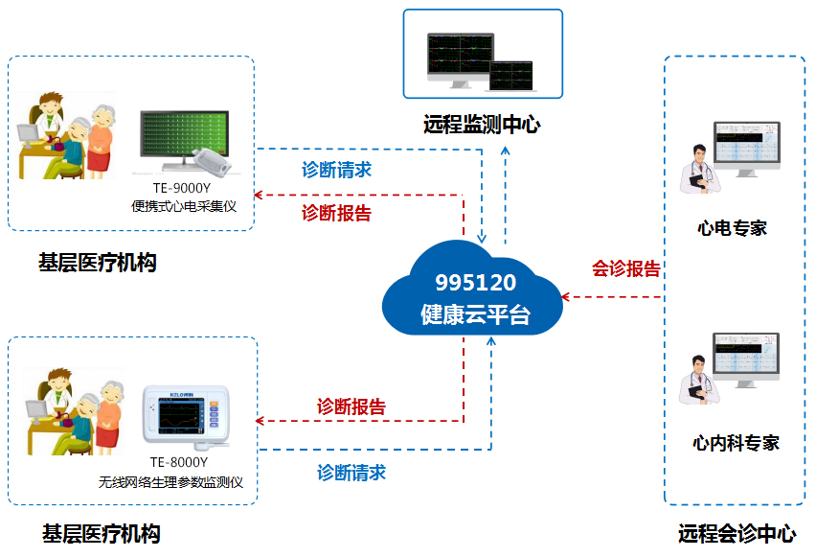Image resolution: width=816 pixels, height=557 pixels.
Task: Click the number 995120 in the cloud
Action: [x=476, y=283]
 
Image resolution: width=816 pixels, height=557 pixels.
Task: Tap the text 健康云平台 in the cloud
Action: [x=476, y=313]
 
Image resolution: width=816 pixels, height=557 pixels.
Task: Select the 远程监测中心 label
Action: [x=482, y=126]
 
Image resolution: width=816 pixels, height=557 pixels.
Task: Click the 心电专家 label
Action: [x=733, y=228]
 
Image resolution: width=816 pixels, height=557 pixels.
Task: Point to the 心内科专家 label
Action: [x=736, y=443]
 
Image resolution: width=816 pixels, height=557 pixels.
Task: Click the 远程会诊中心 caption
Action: [x=737, y=534]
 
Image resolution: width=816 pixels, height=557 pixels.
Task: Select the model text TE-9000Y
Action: [x=181, y=188]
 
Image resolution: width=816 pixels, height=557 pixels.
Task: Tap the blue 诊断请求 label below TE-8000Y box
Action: [x=351, y=473]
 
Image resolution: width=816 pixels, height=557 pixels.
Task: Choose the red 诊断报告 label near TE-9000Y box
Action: [x=336, y=214]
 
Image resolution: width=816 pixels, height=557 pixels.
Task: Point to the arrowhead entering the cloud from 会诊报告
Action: [x=567, y=297]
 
